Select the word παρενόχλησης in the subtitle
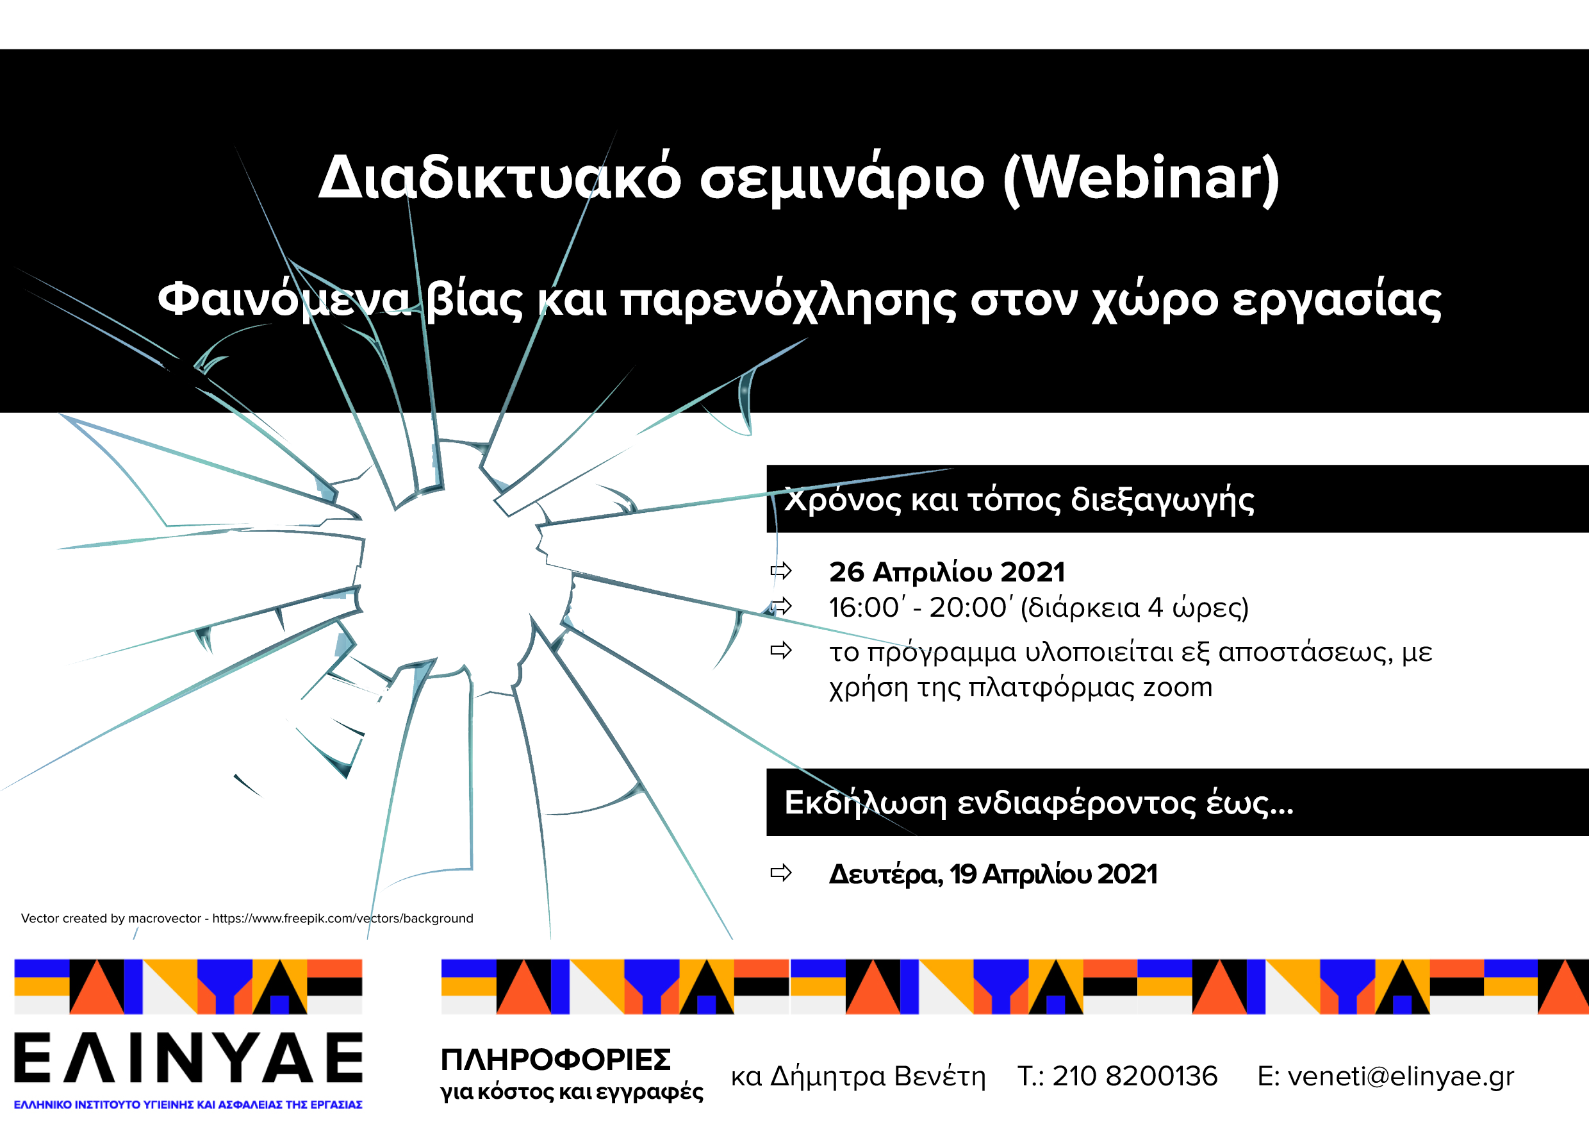click(789, 301)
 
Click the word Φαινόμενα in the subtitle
click(285, 300)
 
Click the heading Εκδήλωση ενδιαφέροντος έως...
click(1039, 803)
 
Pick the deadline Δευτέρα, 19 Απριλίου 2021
click(993, 874)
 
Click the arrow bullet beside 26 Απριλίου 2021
click(781, 571)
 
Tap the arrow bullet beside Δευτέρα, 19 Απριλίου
click(781, 873)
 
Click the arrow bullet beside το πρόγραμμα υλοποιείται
click(781, 651)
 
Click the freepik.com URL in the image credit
click(343, 919)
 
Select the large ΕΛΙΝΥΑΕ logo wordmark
click(189, 1058)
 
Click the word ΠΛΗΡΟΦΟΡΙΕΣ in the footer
click(556, 1060)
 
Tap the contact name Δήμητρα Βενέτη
click(878, 1076)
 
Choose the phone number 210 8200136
click(1135, 1076)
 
